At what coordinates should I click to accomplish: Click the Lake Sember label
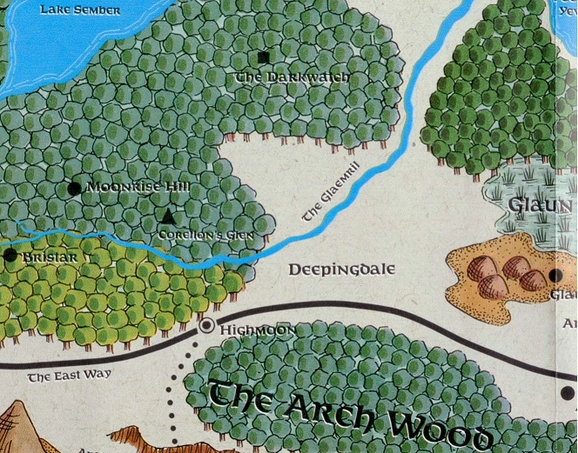click(x=84, y=10)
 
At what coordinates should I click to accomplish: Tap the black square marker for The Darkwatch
click(x=264, y=57)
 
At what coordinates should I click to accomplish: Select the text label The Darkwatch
click(x=293, y=78)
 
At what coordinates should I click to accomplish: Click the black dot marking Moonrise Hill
click(x=74, y=188)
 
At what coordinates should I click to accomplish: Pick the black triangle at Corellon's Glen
click(x=169, y=217)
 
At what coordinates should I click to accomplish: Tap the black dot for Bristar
click(x=10, y=256)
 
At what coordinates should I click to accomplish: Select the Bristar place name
click(x=51, y=258)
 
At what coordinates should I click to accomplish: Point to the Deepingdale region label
click(x=341, y=270)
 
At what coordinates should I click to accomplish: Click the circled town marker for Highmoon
click(x=207, y=327)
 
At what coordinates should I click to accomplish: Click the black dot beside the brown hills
click(x=554, y=276)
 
